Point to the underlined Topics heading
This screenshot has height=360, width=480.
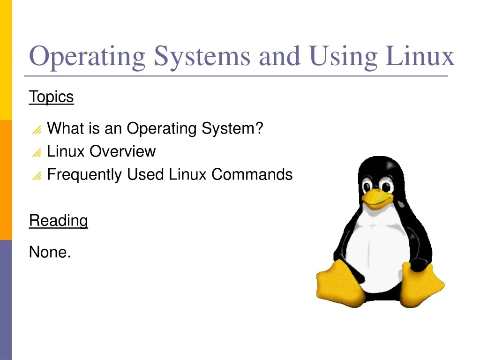point(52,97)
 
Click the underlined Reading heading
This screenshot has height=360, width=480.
point(59,220)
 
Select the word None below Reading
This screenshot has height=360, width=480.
point(50,252)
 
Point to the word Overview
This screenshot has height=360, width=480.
point(123,151)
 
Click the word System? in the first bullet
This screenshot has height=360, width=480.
point(232,128)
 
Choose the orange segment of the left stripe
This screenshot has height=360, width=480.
point(6,180)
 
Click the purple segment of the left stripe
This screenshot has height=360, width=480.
point(6,300)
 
